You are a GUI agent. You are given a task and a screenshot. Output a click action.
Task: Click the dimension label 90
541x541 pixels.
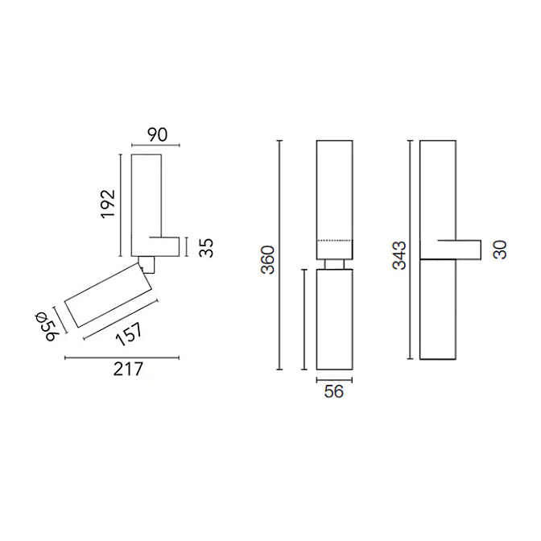pos(157,134)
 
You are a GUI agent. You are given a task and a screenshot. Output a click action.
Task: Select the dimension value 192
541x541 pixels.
pos(109,204)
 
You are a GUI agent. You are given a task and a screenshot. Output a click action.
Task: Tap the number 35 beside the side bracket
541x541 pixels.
pos(207,247)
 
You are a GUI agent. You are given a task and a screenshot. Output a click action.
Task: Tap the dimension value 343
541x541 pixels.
pos(400,254)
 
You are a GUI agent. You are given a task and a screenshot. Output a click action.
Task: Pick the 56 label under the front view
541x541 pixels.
pos(333,393)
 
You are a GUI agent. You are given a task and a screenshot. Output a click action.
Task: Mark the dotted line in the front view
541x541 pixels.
pos(334,241)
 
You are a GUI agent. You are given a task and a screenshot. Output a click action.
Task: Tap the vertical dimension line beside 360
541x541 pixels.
pos(280,255)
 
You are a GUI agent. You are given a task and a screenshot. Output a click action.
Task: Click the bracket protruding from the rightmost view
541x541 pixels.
pos(460,250)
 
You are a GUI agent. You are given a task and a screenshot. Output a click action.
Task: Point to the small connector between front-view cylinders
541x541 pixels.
pos(334,264)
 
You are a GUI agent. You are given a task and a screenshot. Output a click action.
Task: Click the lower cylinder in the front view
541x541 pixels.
pos(334,320)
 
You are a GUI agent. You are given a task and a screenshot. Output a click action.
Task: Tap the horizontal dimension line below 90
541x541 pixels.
pos(155,147)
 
